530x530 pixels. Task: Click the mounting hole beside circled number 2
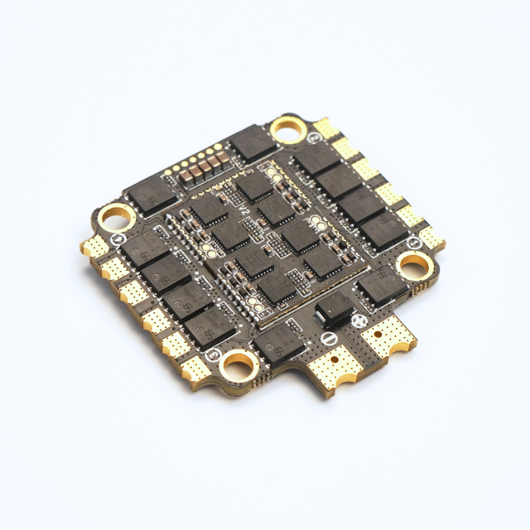tap(288, 128)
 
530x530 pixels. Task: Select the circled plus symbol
tap(359, 320)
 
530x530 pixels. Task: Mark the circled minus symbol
tap(329, 339)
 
